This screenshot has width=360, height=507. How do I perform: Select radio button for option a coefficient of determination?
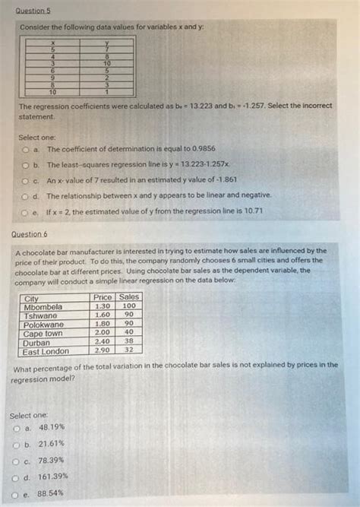click(25, 150)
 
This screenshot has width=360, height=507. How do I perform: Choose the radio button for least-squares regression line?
click(25, 165)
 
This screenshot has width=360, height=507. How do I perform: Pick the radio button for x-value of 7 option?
click(25, 180)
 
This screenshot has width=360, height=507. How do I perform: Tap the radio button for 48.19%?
click(17, 429)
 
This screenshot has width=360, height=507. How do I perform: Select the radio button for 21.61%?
click(17, 444)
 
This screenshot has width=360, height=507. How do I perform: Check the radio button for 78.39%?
click(17, 461)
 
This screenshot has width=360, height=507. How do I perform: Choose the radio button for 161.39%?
click(17, 477)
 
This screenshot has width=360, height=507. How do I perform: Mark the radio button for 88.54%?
click(17, 493)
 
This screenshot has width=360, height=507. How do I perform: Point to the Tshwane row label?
click(41, 315)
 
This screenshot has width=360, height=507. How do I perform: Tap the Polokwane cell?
click(45, 325)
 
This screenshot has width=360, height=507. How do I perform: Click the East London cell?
click(47, 351)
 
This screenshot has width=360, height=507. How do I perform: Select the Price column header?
click(103, 297)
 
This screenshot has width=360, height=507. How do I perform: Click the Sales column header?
click(129, 297)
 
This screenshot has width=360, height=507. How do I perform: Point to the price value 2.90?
click(103, 351)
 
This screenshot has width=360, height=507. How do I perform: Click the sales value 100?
click(129, 306)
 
